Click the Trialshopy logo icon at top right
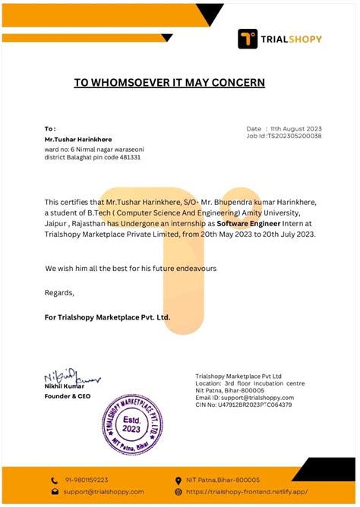click(x=248, y=39)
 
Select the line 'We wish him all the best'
click(x=131, y=269)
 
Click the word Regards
click(x=60, y=292)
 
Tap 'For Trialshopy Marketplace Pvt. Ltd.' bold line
click(x=108, y=316)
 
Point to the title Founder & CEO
click(x=68, y=395)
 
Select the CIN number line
click(x=243, y=405)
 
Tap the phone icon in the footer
click(x=55, y=480)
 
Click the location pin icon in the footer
click(x=178, y=480)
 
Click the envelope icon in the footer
click(x=55, y=492)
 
